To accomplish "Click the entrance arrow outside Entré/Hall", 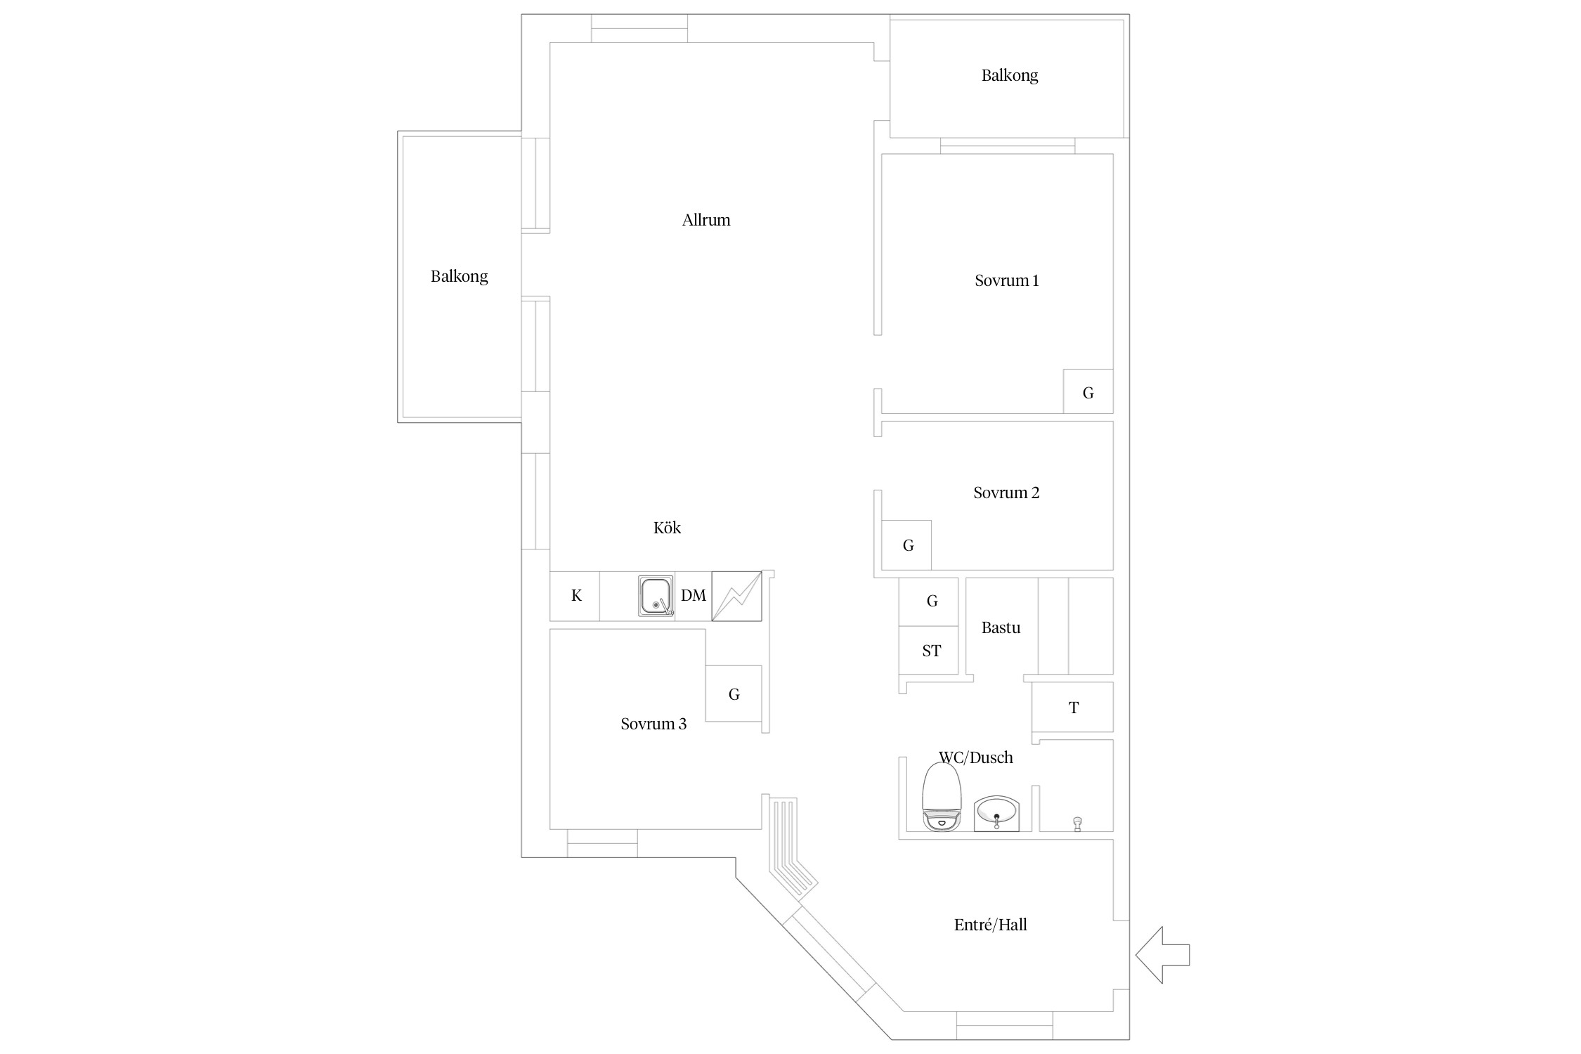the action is click(x=1162, y=954).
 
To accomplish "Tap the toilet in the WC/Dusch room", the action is click(x=942, y=796).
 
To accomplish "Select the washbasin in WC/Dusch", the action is click(x=996, y=813).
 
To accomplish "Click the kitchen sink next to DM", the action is click(x=656, y=596).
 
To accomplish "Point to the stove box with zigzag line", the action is click(x=736, y=596).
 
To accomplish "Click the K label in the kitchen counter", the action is click(x=576, y=596).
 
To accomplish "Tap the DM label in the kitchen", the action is click(x=693, y=596).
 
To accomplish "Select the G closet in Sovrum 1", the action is click(x=1088, y=391).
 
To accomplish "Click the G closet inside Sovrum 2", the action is click(x=906, y=545).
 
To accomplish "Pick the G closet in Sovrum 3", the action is click(x=734, y=694).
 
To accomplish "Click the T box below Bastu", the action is click(x=1073, y=707).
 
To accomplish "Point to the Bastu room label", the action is click(x=1001, y=627).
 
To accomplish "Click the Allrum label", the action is click(x=706, y=220).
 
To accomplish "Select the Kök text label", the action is click(x=667, y=528).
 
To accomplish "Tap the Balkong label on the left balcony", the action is click(x=459, y=276).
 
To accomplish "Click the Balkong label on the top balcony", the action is click(x=1010, y=75).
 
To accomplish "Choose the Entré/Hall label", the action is click(x=990, y=925).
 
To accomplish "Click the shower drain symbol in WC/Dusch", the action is click(x=1077, y=824).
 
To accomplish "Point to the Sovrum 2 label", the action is click(x=1006, y=493).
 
